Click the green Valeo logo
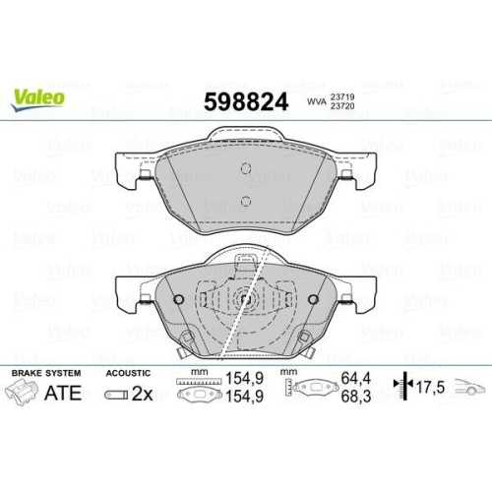coord(38,96)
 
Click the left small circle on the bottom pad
coord(177,300)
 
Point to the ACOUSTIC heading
coord(129,374)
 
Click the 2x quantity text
coord(141,394)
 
